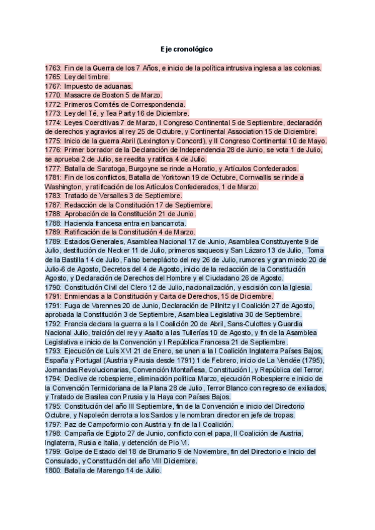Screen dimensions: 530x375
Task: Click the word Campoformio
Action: point(99,424)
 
